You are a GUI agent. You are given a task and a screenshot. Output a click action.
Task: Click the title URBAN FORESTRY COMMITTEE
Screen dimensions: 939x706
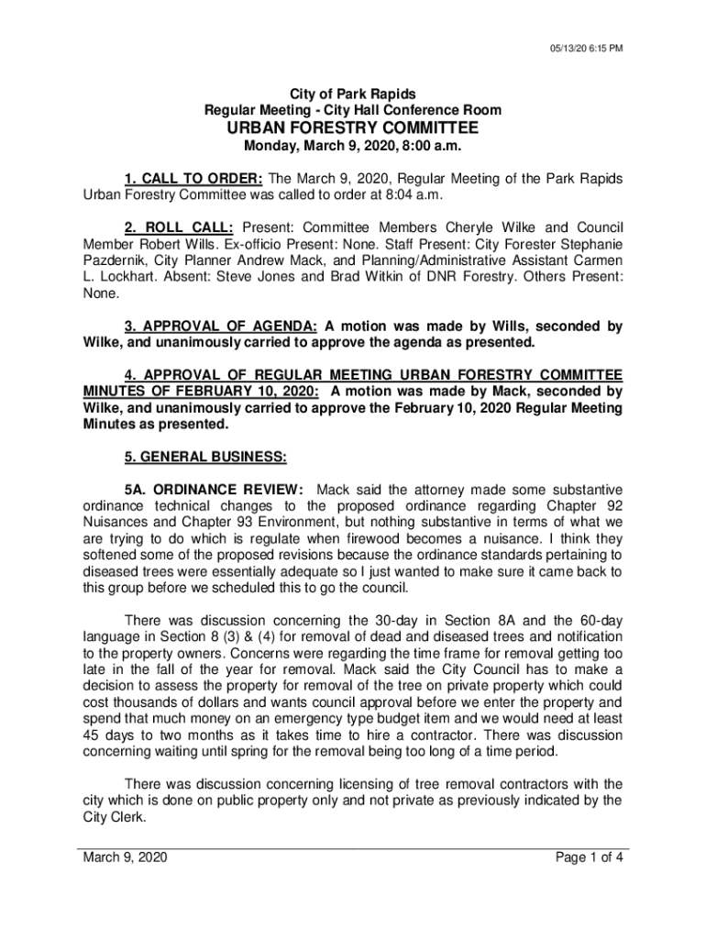(352, 128)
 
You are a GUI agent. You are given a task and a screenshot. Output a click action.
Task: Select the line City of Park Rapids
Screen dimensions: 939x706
(352, 94)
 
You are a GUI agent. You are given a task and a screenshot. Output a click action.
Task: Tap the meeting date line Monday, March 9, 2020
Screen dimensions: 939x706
(352, 147)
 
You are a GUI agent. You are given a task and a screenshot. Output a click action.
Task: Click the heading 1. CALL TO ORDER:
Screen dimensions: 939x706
(181, 177)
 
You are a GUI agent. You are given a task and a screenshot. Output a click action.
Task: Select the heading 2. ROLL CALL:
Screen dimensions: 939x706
(179, 226)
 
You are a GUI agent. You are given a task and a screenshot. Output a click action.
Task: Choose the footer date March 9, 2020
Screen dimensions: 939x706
(125, 858)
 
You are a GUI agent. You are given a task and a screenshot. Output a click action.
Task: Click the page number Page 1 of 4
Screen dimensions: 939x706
(590, 858)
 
